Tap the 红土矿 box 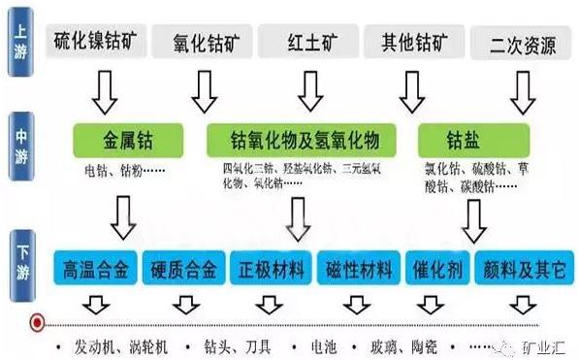(309, 44)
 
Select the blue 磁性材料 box (358, 268)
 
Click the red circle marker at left (37, 321)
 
